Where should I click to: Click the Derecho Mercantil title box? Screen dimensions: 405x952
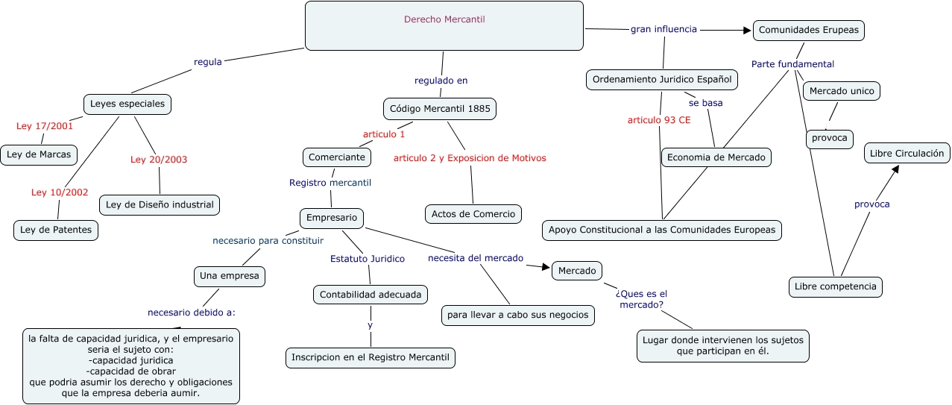444,25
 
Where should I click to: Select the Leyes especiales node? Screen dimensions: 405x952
127,104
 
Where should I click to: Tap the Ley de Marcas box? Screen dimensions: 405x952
40,155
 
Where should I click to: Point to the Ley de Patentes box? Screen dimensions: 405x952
56,230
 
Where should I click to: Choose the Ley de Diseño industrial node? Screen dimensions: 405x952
160,204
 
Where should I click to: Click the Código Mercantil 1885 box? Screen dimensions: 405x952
440,109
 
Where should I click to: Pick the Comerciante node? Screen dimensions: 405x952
337,157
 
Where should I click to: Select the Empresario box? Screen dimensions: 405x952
332,219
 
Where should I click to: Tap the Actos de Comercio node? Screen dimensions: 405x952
473,214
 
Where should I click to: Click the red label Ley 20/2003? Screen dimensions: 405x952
159,159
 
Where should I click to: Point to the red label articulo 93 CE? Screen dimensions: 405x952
659,119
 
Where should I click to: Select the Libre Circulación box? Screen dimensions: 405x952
907,154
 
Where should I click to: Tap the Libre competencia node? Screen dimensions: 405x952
836,286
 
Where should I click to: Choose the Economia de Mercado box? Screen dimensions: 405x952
716,157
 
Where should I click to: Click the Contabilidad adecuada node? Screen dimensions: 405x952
371,295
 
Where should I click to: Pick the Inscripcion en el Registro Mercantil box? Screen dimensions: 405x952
371,358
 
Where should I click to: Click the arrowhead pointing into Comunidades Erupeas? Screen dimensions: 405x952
746,31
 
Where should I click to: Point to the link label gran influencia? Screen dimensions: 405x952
663,29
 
